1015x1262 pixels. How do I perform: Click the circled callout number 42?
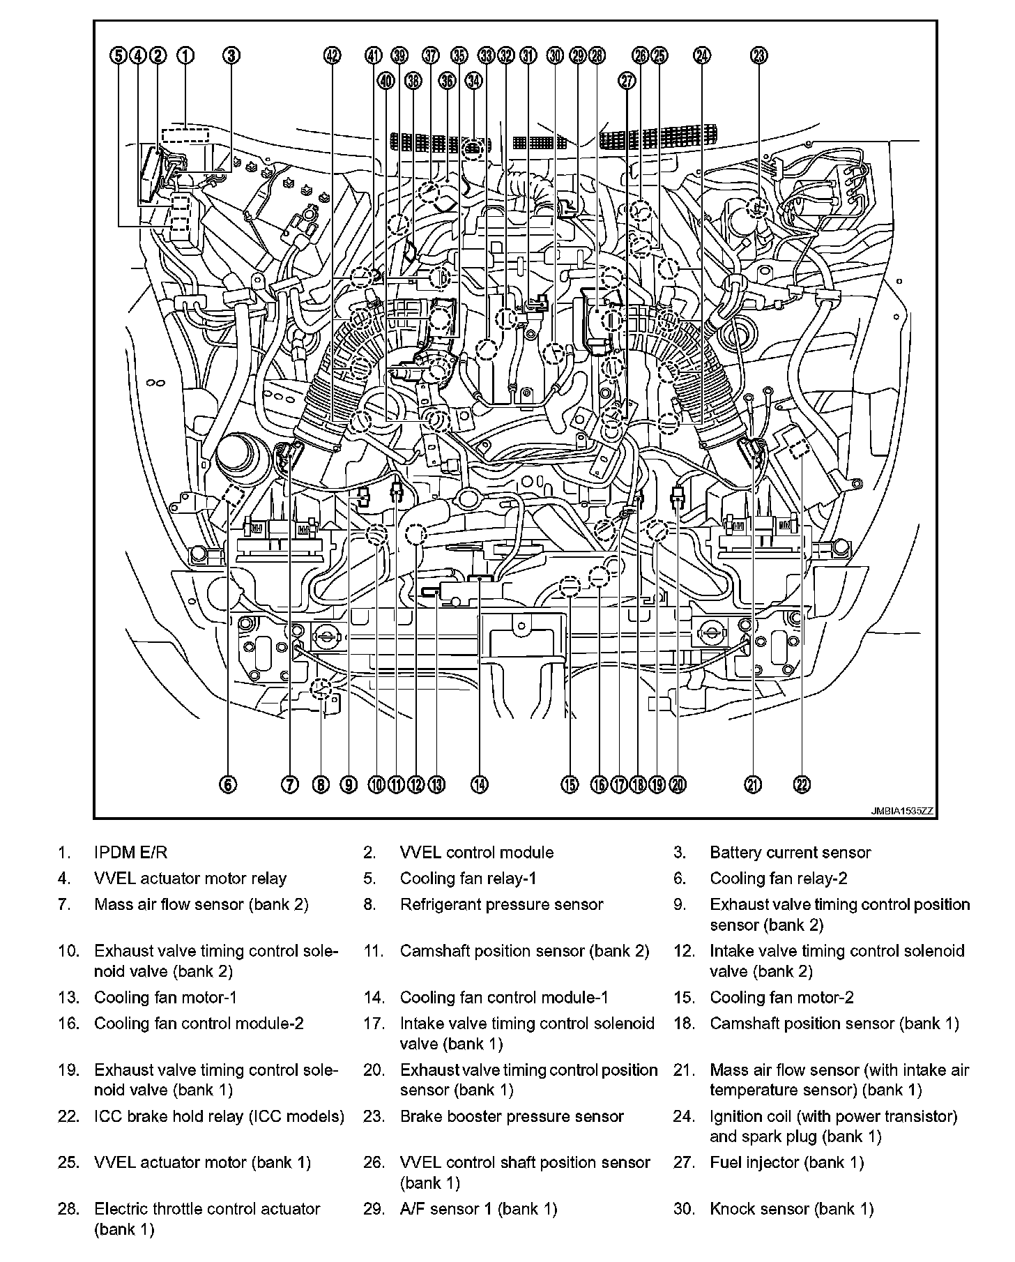pos(333,56)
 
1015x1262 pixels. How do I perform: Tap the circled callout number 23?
pos(759,56)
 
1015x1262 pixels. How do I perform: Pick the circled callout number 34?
pos(473,81)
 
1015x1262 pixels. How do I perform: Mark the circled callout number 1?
pos(185,56)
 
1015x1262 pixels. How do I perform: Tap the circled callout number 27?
pos(627,81)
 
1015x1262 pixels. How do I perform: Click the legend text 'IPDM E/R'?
pos(131,852)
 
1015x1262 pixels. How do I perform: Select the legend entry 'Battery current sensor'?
pos(790,852)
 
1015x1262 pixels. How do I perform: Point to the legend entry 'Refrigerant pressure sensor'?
pos(501,904)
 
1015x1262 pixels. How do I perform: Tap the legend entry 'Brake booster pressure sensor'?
pos(512,1116)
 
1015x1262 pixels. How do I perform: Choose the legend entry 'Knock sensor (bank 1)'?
pos(791,1209)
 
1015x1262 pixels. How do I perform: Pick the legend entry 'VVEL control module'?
pos(477,852)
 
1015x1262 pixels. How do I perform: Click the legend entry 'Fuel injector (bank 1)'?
pos(786,1162)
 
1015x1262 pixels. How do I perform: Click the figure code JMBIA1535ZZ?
pos(901,812)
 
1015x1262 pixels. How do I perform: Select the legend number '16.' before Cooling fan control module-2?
pos(69,1024)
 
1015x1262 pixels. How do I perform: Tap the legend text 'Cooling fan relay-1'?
pos(468,879)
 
